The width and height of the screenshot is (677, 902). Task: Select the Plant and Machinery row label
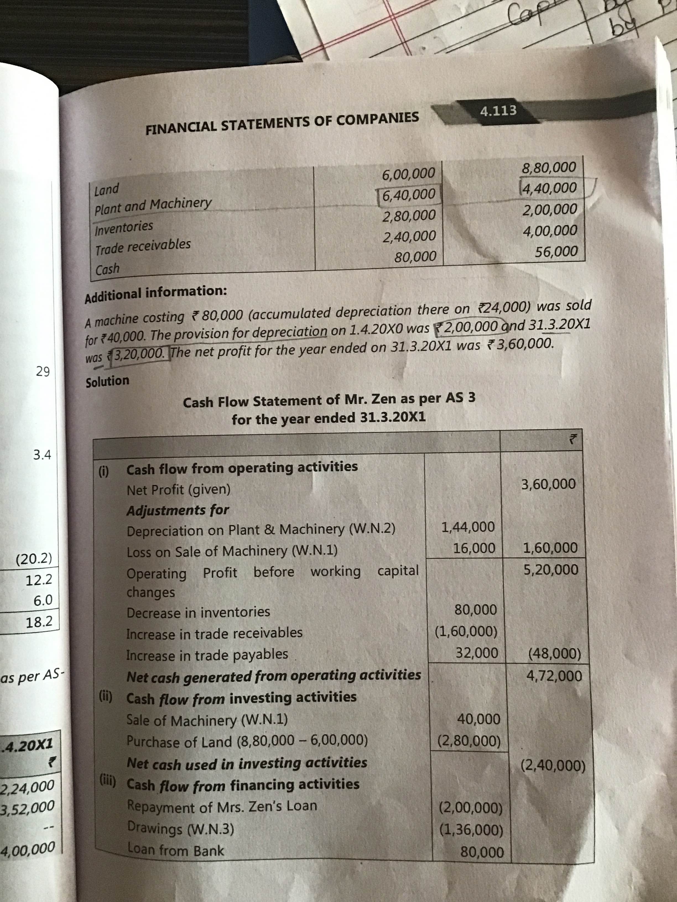(153, 206)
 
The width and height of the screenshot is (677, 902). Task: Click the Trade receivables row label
(143, 247)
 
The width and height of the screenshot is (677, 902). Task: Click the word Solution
(107, 381)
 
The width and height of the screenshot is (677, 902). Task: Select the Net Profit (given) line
(179, 489)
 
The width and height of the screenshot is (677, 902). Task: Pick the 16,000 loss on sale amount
(474, 549)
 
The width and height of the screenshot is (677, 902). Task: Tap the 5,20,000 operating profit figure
(551, 570)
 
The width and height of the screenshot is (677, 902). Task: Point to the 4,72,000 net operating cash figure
(554, 676)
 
